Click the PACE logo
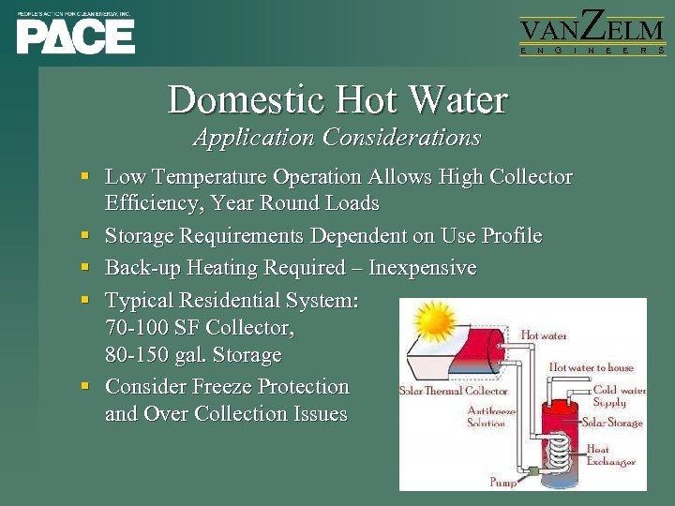click(75, 34)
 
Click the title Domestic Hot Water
click(337, 99)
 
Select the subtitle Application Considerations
click(337, 138)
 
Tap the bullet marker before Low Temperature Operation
click(84, 175)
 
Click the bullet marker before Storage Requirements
click(84, 234)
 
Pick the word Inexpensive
click(422, 268)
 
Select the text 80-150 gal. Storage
click(193, 355)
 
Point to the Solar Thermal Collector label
click(454, 391)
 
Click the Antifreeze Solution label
click(487, 417)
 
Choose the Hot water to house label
click(591, 367)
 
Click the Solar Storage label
click(612, 423)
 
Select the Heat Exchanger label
click(610, 455)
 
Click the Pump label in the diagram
click(502, 483)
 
